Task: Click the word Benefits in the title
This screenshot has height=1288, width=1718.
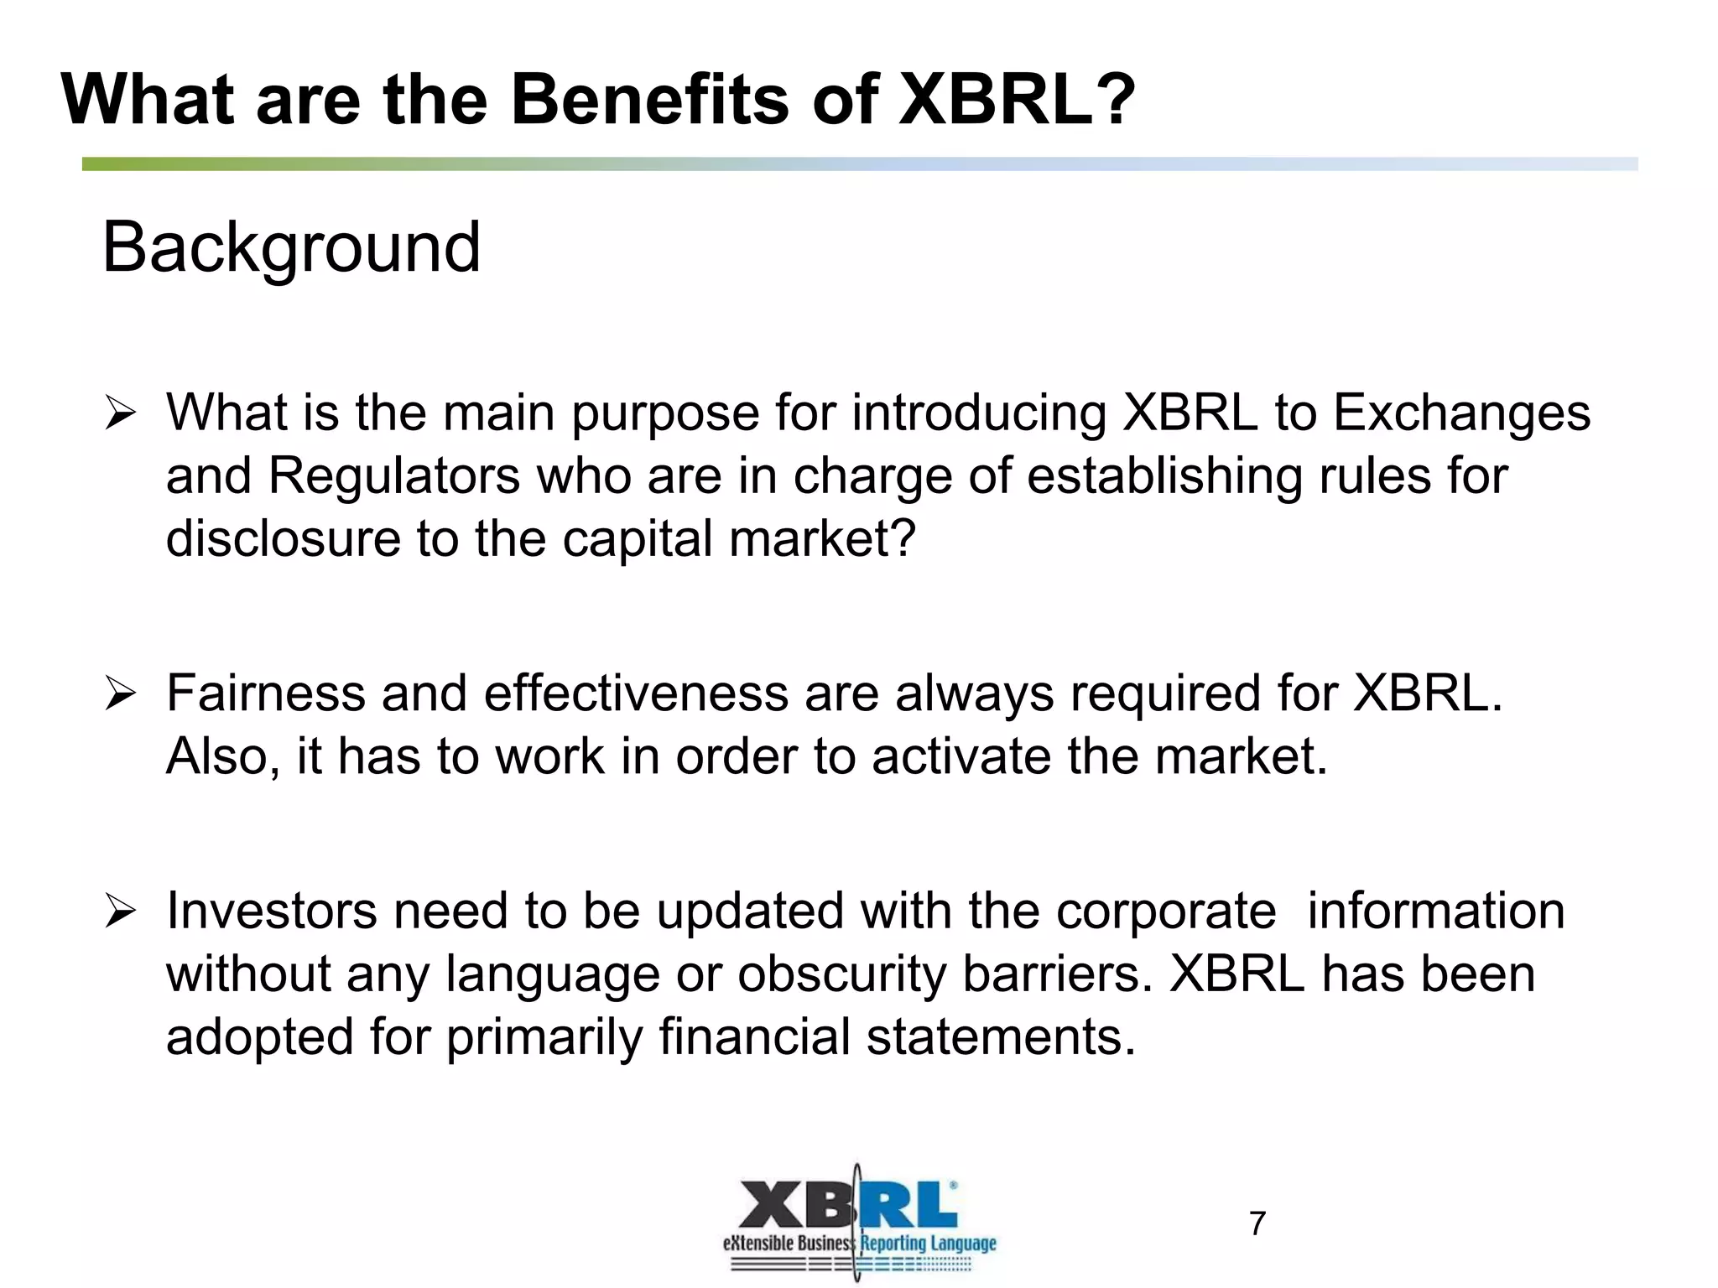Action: [650, 99]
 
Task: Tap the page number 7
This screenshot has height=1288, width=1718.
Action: [1257, 1223]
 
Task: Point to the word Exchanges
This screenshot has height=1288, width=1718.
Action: [1461, 413]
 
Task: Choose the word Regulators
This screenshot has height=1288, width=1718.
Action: [394, 476]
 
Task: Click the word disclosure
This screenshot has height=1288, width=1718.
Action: [283, 538]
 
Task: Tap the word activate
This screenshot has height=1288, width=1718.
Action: [961, 756]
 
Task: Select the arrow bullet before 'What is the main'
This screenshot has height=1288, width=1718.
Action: [120, 414]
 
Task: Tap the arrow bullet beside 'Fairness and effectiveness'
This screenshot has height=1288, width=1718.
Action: [120, 695]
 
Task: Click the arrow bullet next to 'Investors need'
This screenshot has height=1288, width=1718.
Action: [120, 912]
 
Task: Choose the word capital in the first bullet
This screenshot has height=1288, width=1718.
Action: [638, 538]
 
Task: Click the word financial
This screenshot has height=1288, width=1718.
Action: [754, 1037]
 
